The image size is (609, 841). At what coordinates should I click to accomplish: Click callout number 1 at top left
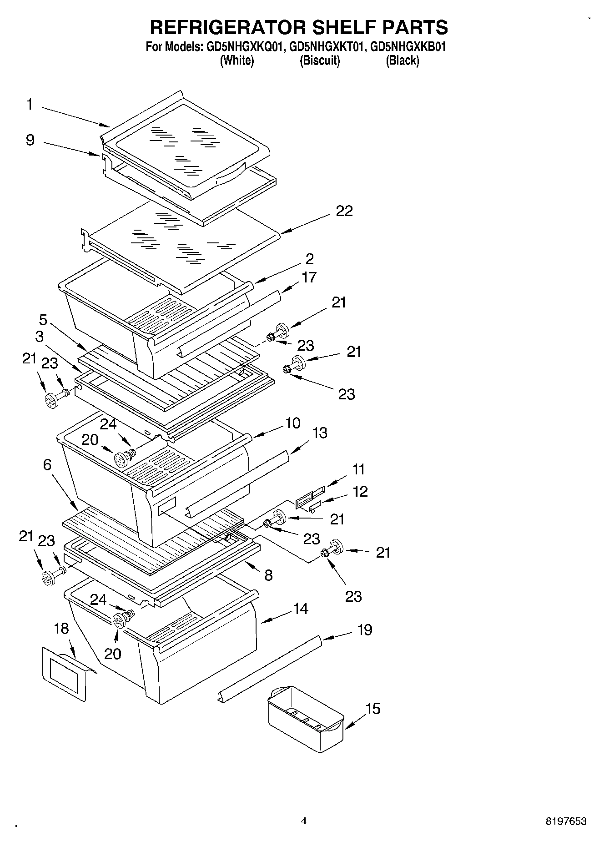click(x=29, y=105)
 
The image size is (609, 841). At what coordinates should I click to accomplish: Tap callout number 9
click(x=30, y=140)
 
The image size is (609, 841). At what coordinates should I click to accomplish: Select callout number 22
click(x=344, y=211)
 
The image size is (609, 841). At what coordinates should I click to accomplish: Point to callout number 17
click(x=309, y=277)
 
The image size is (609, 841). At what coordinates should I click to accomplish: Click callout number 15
click(x=373, y=709)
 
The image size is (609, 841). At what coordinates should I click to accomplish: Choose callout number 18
click(x=61, y=629)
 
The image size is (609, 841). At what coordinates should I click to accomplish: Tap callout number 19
click(x=365, y=629)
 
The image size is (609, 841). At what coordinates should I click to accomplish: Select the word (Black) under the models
click(x=402, y=60)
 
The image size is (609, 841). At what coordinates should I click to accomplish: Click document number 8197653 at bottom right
click(x=566, y=821)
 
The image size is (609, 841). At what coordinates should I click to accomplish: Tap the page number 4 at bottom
click(x=304, y=821)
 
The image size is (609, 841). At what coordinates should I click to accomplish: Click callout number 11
click(x=358, y=469)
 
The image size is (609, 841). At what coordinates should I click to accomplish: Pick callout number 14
click(x=301, y=609)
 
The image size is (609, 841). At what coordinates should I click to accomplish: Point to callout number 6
click(x=47, y=465)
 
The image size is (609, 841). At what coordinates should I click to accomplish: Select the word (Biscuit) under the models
click(x=320, y=60)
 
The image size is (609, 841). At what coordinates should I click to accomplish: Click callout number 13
click(x=320, y=433)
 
